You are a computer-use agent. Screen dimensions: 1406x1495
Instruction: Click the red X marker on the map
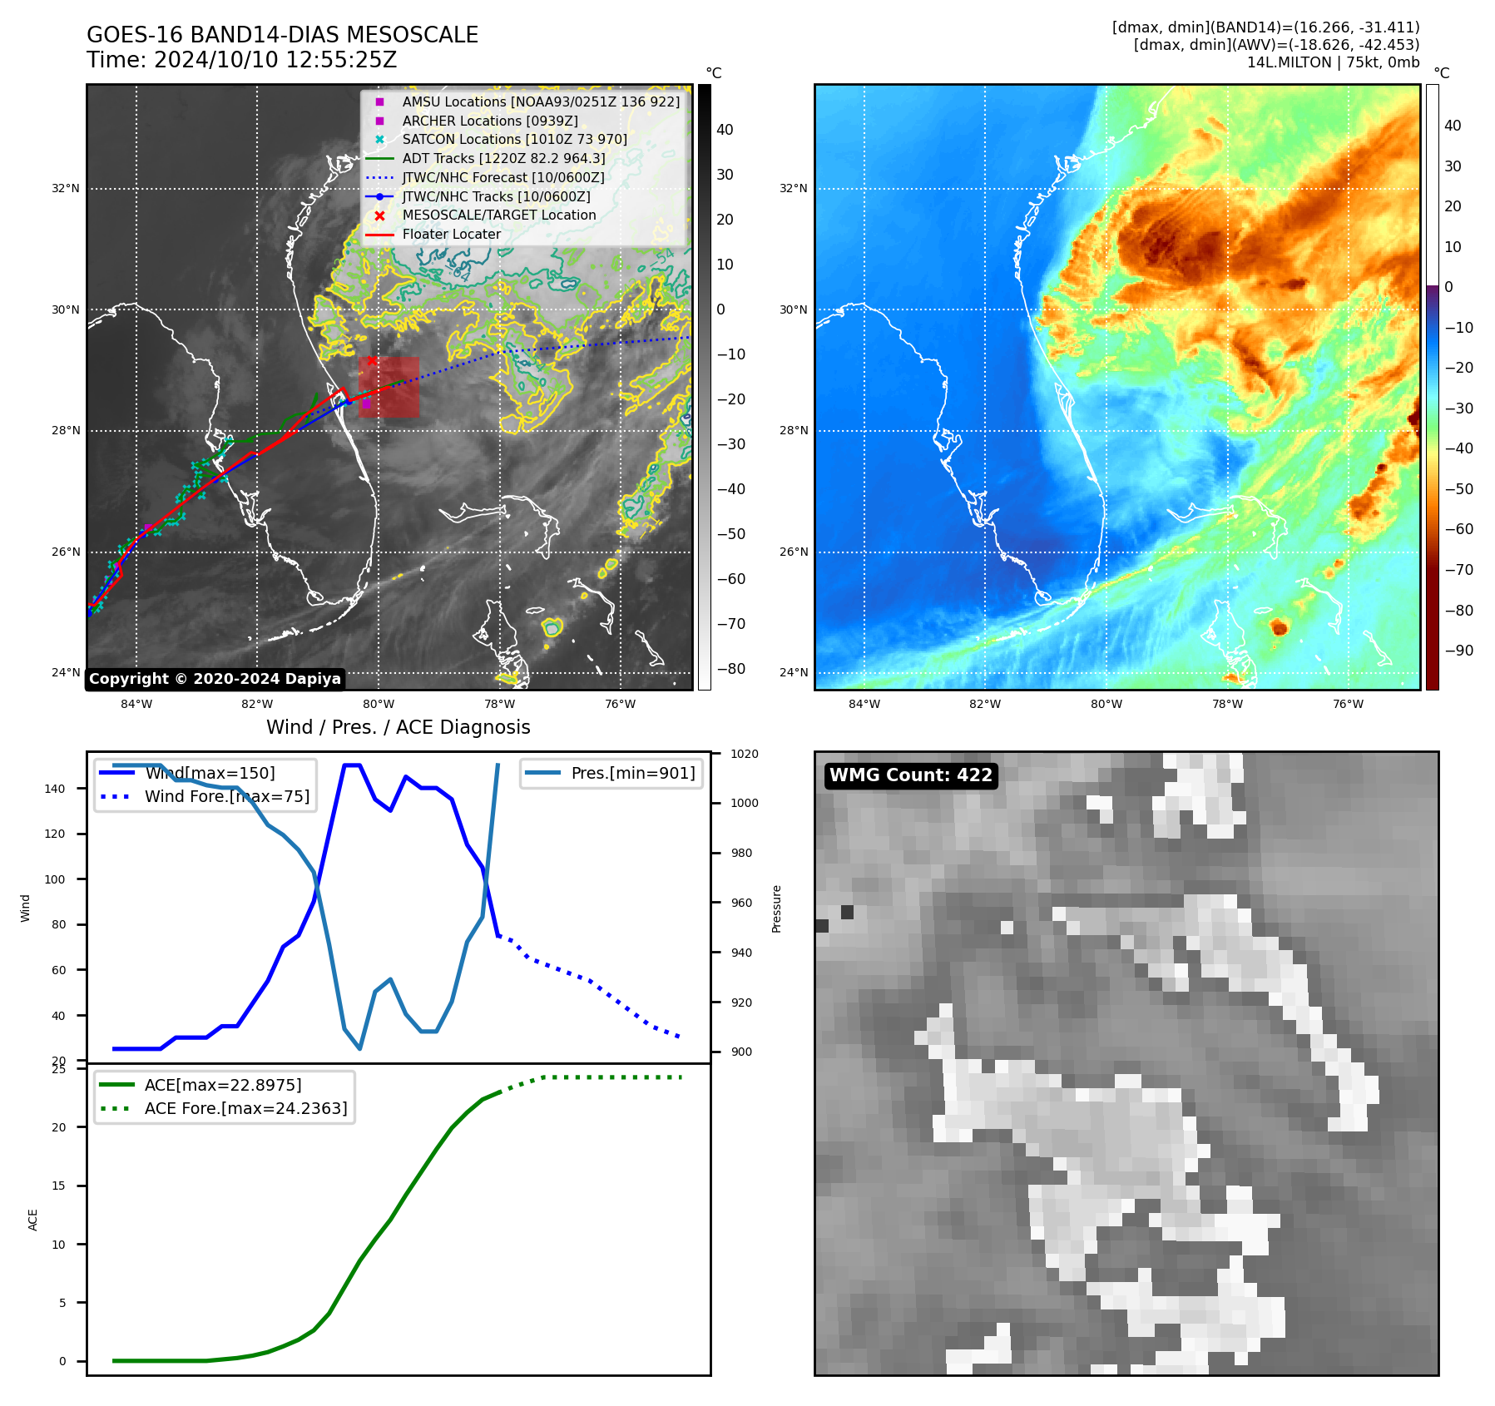point(372,361)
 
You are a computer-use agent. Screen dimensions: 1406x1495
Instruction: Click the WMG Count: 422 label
point(911,775)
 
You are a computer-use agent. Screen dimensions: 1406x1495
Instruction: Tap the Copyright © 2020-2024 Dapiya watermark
point(215,679)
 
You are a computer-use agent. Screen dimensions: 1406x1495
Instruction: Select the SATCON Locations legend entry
point(514,140)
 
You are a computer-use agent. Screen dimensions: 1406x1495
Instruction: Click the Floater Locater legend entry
point(451,235)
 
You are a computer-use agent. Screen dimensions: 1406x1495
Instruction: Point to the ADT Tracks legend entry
point(503,158)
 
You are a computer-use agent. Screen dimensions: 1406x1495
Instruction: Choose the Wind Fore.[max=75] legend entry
point(226,796)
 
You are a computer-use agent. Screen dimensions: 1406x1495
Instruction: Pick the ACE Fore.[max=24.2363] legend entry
point(245,1108)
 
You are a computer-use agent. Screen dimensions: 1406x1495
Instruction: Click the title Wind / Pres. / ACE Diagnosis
point(398,727)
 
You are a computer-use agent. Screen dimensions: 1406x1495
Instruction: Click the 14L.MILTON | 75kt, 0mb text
point(1333,62)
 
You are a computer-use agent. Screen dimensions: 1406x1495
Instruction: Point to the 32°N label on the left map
point(66,189)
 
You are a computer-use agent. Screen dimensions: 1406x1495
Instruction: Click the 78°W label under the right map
point(1227,704)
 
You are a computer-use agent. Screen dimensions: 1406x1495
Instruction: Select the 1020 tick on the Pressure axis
point(745,754)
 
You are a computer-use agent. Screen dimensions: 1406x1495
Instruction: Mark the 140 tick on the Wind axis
point(55,789)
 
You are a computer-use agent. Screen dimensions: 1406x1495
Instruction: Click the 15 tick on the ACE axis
point(59,1186)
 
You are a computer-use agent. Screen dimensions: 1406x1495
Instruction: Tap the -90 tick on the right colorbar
point(1458,651)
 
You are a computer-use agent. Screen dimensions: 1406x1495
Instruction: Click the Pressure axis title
point(776,908)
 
